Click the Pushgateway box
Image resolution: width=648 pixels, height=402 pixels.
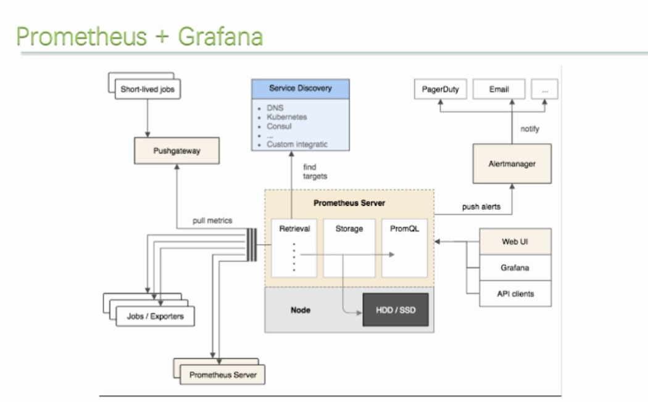[x=177, y=151]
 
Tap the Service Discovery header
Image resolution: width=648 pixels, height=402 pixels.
[x=300, y=88]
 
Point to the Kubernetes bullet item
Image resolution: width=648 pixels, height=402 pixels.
[x=287, y=117]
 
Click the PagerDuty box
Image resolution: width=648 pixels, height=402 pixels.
[x=441, y=89]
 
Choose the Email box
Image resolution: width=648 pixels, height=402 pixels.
[x=499, y=89]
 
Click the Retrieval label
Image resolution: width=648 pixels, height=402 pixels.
[x=294, y=229]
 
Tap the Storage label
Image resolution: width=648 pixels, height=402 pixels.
[x=349, y=229]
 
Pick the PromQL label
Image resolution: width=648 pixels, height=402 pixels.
[x=404, y=229]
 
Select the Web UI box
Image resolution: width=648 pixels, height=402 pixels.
[x=515, y=242]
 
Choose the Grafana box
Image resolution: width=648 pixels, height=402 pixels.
[x=515, y=268]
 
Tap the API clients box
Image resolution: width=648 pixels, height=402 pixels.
[x=515, y=293]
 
